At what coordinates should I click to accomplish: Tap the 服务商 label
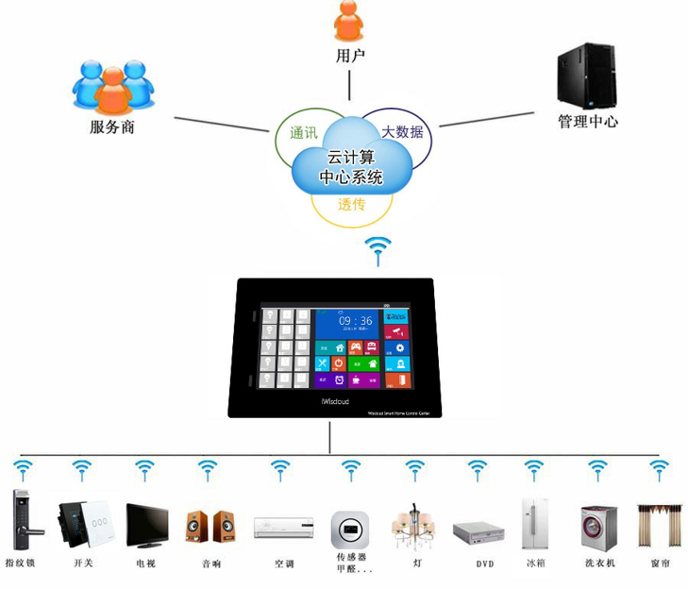click(112, 126)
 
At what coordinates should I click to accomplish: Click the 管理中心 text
click(587, 122)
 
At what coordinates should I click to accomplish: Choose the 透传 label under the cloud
click(351, 205)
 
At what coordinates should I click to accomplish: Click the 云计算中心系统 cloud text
click(351, 168)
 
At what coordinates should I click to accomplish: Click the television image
click(146, 526)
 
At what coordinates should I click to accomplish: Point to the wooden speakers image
click(210, 526)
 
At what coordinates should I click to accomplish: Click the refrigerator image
click(535, 523)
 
